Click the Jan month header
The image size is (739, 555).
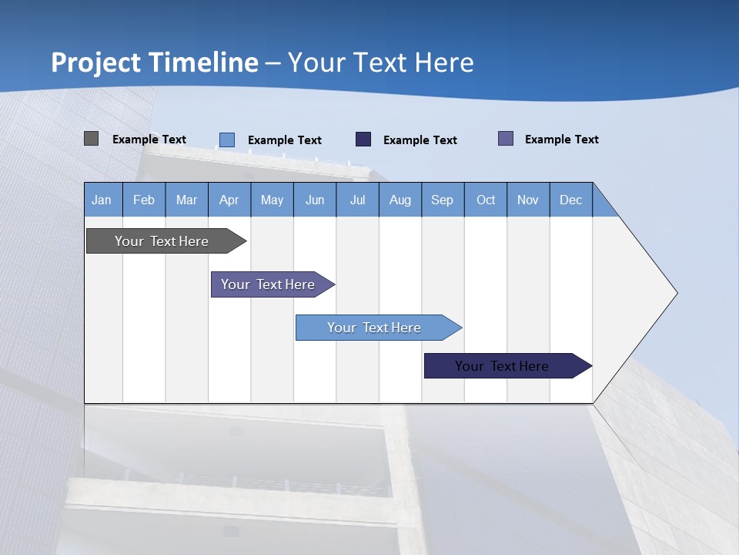[102, 200]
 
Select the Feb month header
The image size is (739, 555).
[144, 200]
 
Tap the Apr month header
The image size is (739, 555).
[229, 200]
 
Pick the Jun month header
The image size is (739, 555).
[315, 200]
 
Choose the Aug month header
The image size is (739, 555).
[400, 200]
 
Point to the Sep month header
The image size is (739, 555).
[442, 200]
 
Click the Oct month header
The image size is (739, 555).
[486, 200]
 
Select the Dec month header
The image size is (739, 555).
[570, 200]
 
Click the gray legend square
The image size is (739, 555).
[91, 139]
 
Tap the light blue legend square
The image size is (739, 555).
[227, 140]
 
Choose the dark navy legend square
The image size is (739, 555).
[363, 139]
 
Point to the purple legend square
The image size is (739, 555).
[506, 139]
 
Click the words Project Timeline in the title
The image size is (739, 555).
[155, 62]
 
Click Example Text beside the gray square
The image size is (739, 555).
[149, 140]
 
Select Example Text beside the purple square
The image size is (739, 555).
[561, 140]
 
